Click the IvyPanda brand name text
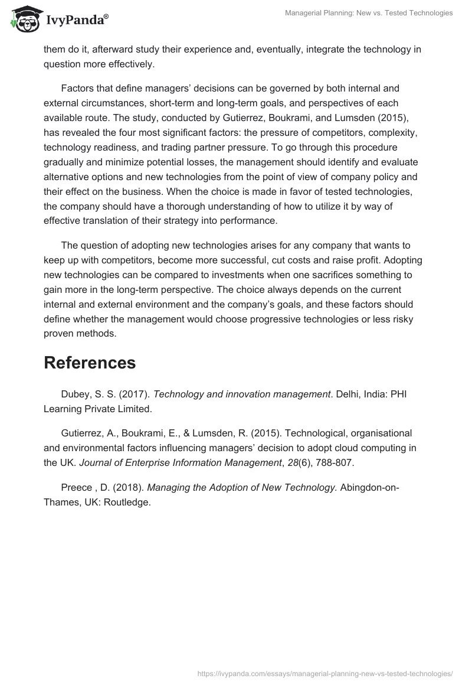(77, 21)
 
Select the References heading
(90, 363)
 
